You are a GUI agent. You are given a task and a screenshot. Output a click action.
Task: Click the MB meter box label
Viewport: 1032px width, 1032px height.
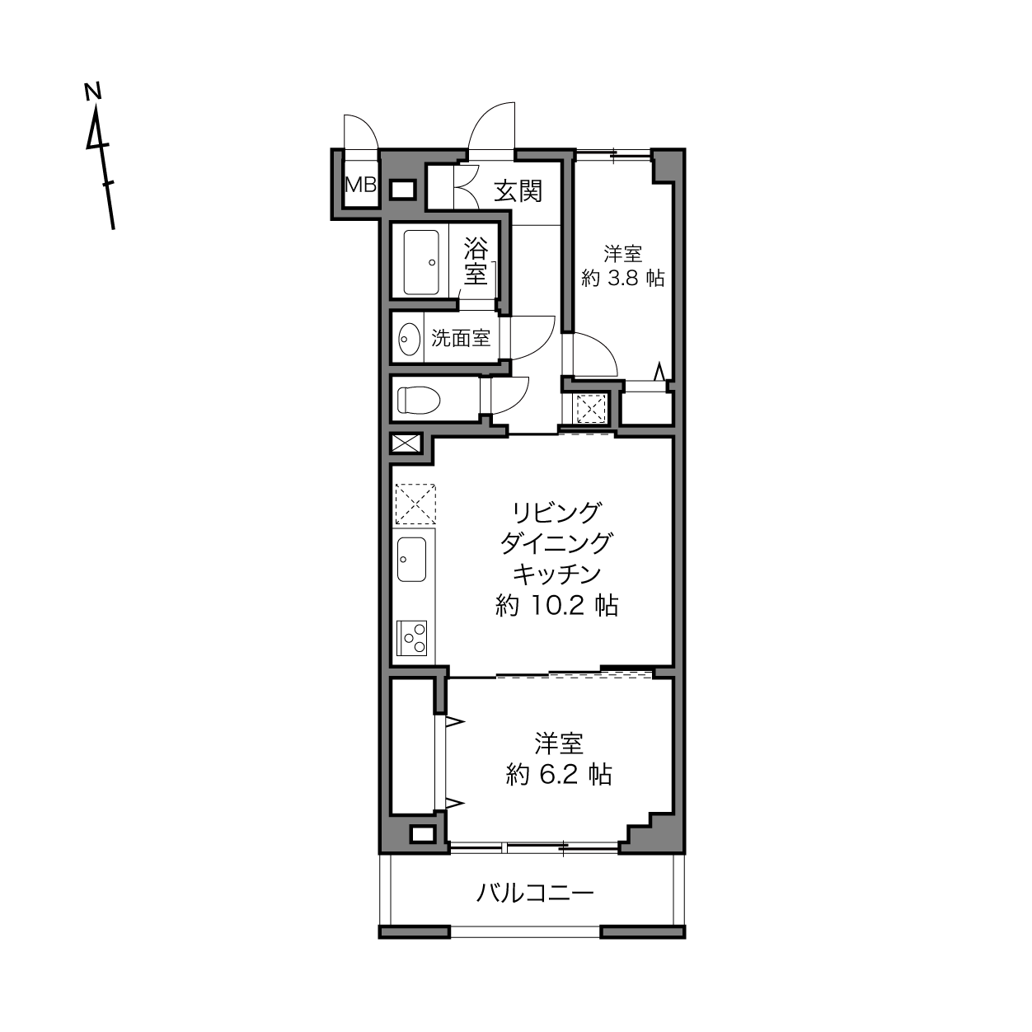pos(360,185)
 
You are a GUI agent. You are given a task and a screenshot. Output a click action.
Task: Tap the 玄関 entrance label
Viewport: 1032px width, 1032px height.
pos(518,191)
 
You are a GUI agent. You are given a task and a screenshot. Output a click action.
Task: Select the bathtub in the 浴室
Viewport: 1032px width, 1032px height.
pos(421,262)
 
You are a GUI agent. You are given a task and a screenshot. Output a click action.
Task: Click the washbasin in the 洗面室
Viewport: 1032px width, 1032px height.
pos(410,339)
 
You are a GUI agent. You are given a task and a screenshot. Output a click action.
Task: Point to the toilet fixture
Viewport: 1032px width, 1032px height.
pos(419,400)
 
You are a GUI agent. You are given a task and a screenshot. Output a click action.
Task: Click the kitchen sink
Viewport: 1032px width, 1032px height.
pos(411,559)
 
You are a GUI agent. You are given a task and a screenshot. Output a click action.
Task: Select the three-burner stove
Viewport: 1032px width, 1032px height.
pos(412,638)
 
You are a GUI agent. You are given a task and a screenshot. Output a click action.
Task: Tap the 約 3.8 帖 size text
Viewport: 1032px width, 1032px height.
pos(623,278)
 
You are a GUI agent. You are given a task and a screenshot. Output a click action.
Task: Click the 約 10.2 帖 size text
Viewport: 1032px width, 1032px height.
pos(556,605)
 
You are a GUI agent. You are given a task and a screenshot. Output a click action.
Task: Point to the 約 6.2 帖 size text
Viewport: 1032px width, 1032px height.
pos(559,774)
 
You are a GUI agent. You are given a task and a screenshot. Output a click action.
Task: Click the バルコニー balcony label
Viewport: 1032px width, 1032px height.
pos(535,893)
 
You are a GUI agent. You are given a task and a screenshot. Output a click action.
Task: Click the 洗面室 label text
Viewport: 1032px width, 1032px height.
pos(461,338)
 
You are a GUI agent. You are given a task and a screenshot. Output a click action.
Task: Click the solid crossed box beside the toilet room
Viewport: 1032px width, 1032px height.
pos(406,443)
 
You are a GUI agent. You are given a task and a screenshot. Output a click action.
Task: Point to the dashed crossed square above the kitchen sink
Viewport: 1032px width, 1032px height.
pos(415,504)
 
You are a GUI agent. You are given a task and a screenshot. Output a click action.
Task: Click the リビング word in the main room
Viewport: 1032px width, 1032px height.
pos(556,513)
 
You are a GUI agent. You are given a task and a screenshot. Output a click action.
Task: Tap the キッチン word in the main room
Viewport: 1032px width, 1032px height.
pos(556,574)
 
